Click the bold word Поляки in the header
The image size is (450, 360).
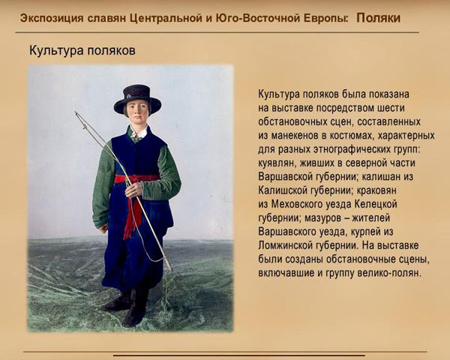[x=378, y=17]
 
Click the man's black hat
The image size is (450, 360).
[x=137, y=97]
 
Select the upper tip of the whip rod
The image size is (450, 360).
[x=75, y=113]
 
